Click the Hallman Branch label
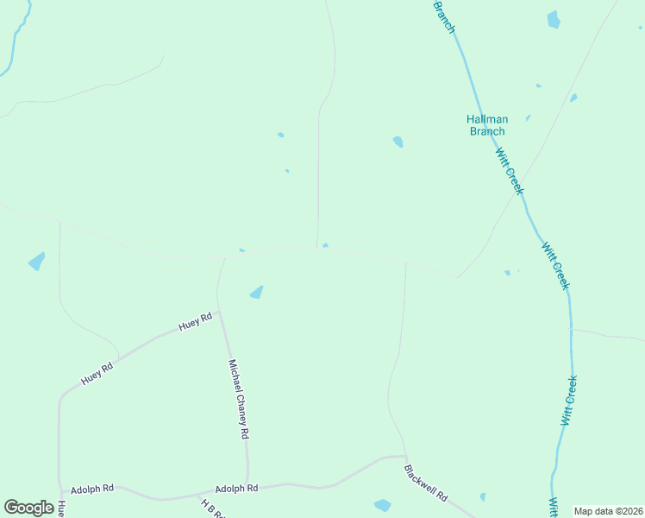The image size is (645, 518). [486, 125]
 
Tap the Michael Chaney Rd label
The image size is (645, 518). [238, 399]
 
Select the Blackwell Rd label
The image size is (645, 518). [426, 483]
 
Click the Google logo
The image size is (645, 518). [28, 508]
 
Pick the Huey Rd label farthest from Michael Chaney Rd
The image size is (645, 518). [97, 373]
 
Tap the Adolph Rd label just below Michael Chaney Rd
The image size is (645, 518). [236, 488]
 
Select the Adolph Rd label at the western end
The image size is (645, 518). [92, 488]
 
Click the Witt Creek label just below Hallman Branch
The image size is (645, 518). [509, 170]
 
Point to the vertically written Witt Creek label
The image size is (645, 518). [568, 400]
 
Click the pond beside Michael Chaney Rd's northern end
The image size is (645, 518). [256, 293]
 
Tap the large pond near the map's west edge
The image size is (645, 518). [36, 261]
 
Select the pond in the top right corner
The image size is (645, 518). [553, 19]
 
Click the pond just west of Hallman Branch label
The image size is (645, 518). [398, 142]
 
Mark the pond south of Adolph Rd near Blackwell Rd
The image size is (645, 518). [382, 505]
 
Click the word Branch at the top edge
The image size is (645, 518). [443, 16]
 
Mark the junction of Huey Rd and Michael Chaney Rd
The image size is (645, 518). [219, 313]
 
